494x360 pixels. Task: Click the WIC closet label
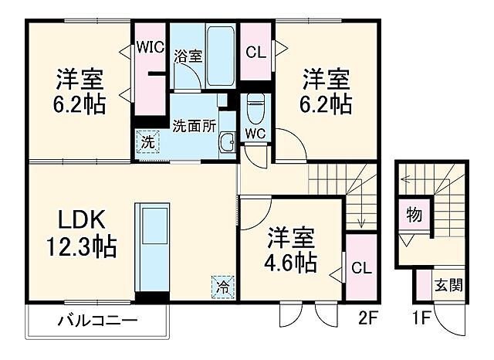[151, 46]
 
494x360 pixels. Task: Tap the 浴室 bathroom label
[188, 56]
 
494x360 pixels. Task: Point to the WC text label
[255, 133]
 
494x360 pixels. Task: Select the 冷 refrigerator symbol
[222, 284]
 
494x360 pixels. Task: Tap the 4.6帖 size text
[292, 263]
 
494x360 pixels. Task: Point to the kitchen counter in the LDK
[151, 247]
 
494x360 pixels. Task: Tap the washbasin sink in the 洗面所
[227, 141]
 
